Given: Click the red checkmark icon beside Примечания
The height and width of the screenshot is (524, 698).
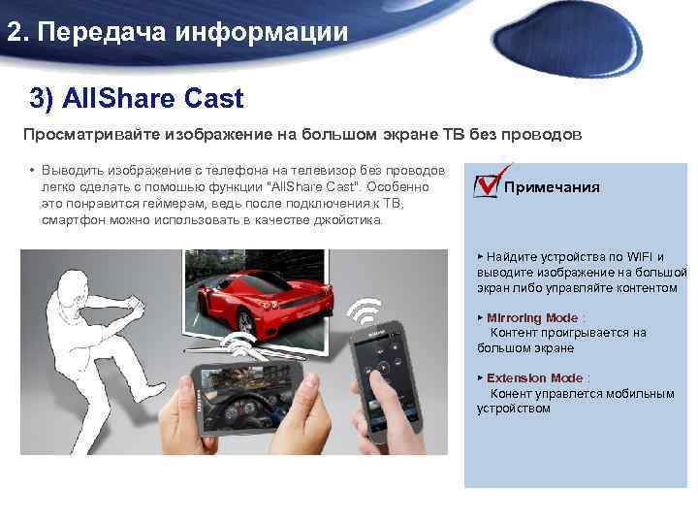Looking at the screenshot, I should tap(487, 181).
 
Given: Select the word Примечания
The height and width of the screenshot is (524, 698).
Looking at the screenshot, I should tap(552, 187).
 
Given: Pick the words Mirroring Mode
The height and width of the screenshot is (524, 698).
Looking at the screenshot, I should tap(532, 318).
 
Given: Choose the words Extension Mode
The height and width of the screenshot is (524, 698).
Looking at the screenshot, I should tap(535, 378).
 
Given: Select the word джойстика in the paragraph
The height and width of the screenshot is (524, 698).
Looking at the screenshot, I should tap(347, 220).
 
